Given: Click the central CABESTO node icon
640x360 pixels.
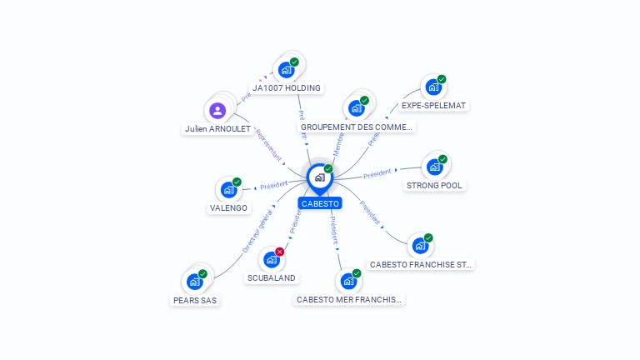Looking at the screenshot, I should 319,177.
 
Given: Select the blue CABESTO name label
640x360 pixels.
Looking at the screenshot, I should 320,203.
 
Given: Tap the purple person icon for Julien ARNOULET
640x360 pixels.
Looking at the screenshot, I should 217,110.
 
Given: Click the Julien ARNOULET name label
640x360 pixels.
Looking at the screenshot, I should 217,129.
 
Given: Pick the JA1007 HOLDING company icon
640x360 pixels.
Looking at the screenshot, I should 287,69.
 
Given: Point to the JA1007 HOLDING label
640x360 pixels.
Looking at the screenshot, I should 287,88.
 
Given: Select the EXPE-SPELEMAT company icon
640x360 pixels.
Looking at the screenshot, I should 432,87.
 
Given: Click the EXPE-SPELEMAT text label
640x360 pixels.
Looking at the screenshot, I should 433,106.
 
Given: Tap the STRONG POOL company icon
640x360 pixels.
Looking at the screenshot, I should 434,167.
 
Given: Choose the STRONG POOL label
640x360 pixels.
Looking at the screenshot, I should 434,186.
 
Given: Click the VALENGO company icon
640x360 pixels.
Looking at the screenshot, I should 228,189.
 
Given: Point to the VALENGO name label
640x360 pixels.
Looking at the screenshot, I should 228,208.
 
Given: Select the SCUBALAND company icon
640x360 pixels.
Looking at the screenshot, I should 271,259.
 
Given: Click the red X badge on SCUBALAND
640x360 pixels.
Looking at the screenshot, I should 280,252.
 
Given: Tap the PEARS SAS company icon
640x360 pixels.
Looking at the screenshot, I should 195,282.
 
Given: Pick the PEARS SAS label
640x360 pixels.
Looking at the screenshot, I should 195,301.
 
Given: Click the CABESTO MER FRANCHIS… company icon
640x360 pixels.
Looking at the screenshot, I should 348,281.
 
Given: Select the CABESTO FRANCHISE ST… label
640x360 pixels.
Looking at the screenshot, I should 421,265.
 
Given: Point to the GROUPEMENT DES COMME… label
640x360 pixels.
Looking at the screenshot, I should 357,127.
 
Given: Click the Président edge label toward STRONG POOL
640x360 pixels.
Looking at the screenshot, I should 377,172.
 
